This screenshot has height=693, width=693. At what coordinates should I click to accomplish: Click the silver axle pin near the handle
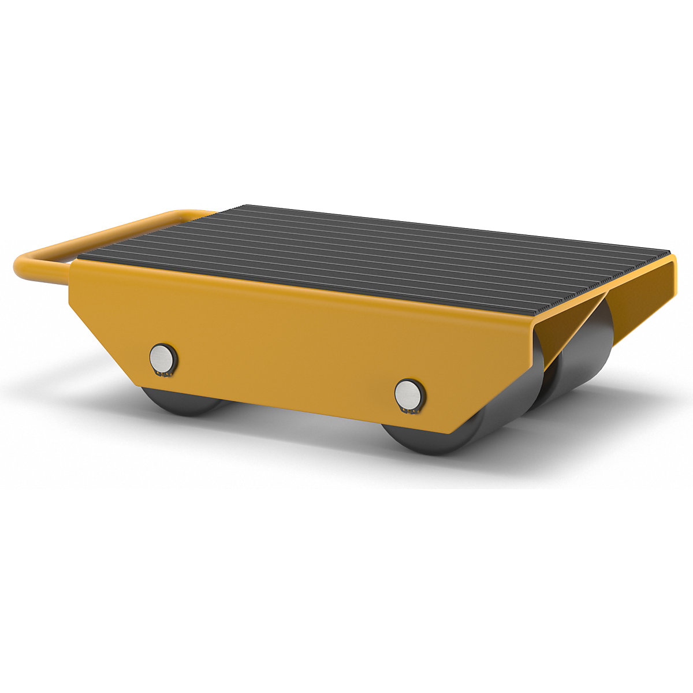pos(162,358)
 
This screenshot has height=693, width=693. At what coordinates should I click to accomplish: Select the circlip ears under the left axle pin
pos(163,375)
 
